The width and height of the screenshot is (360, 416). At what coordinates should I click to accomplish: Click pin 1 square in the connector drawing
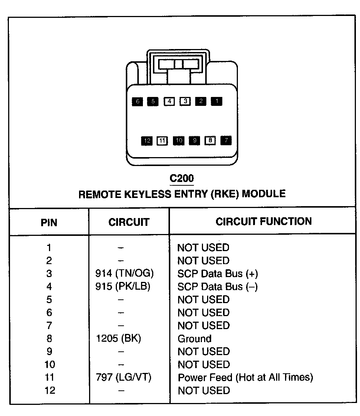pyautogui.click(x=217, y=101)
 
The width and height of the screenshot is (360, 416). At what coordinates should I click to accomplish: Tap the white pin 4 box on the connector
pyautogui.click(x=169, y=101)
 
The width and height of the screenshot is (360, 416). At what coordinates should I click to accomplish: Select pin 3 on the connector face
pyautogui.click(x=185, y=101)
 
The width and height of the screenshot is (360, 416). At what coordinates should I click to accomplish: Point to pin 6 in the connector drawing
pyautogui.click(x=137, y=101)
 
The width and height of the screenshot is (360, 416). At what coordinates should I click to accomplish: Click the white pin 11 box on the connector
pyautogui.click(x=162, y=141)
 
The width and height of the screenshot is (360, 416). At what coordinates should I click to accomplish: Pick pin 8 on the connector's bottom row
pyautogui.click(x=210, y=140)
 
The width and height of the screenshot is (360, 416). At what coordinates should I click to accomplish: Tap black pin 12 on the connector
pyautogui.click(x=147, y=141)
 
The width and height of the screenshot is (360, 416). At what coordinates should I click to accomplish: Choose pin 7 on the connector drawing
pyautogui.click(x=226, y=140)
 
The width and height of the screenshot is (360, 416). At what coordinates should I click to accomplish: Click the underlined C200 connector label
pyautogui.click(x=182, y=179)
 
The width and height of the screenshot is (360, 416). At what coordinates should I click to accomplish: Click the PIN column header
pyautogui.click(x=49, y=222)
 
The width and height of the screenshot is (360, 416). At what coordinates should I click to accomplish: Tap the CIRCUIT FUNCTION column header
pyautogui.click(x=264, y=222)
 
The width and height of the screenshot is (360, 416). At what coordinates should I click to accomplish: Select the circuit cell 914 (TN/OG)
pyautogui.click(x=125, y=274)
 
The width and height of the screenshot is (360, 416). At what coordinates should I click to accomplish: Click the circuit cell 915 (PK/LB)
pyautogui.click(x=123, y=287)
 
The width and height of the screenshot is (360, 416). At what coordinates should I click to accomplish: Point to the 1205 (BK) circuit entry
pyautogui.click(x=118, y=339)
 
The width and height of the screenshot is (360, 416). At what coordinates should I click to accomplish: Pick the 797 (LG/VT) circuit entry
pyautogui.click(x=124, y=378)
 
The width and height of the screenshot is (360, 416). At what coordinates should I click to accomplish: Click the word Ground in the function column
pyautogui.click(x=194, y=339)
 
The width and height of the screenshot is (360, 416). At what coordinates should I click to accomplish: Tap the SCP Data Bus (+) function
pyautogui.click(x=218, y=274)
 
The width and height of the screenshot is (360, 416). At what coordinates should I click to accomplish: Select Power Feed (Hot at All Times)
pyautogui.click(x=245, y=378)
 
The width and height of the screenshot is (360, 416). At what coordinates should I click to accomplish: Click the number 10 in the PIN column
pyautogui.click(x=49, y=365)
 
